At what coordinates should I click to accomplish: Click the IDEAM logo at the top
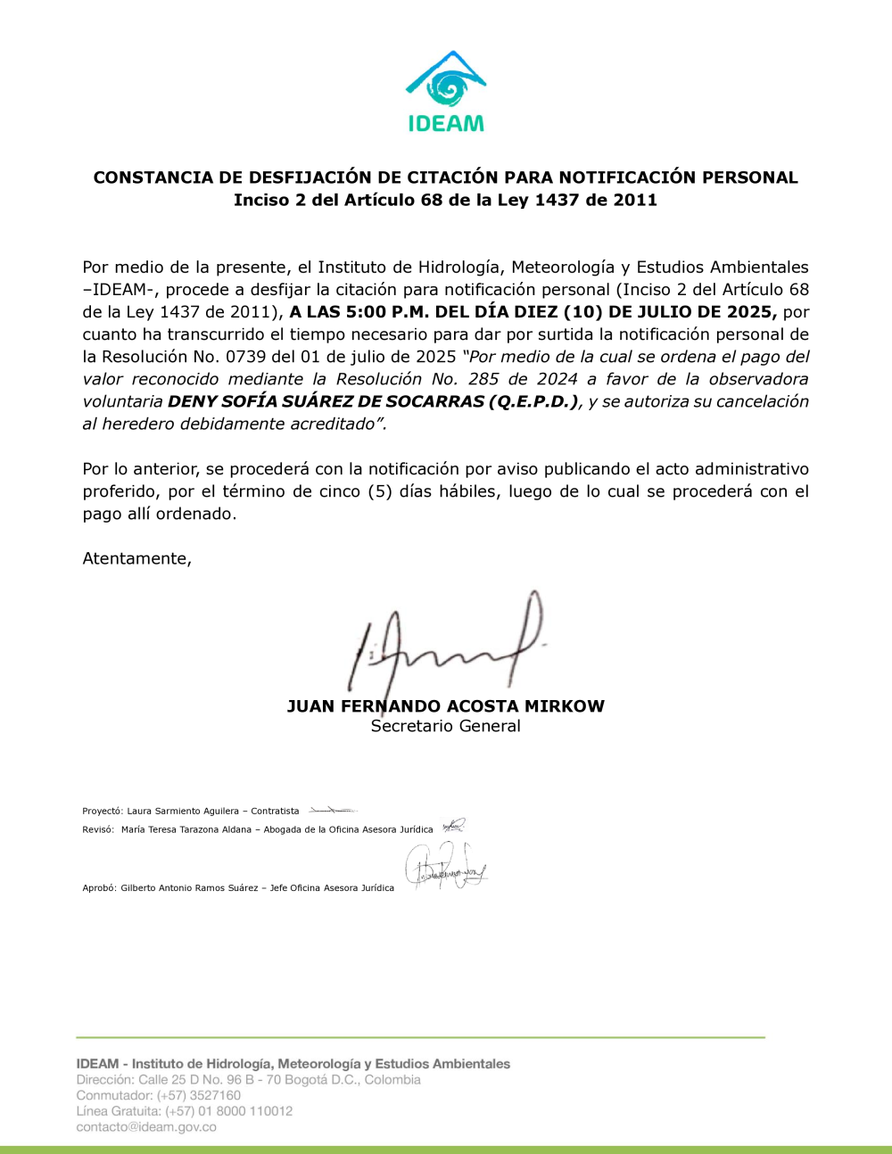(x=446, y=91)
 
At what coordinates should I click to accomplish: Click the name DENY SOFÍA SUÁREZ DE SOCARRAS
(x=326, y=401)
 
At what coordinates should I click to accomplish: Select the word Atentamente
(x=136, y=559)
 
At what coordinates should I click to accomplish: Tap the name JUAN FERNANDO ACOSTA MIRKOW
(x=446, y=706)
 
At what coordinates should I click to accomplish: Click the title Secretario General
(x=446, y=726)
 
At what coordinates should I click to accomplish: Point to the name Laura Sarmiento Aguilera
(x=183, y=812)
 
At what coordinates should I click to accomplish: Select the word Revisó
(x=97, y=829)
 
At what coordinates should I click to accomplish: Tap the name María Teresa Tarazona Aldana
(x=186, y=829)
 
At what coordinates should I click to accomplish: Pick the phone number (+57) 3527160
(x=199, y=1095)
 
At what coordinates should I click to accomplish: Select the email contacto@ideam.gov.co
(x=146, y=1127)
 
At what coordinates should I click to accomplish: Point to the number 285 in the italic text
(x=483, y=379)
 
